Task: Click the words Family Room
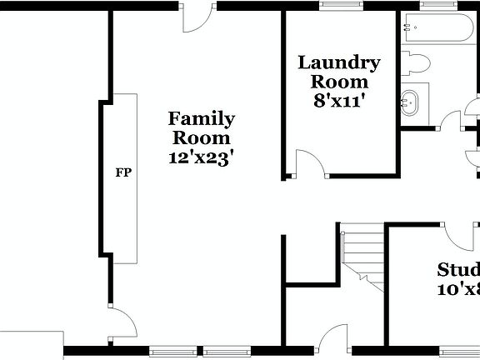click(201, 127)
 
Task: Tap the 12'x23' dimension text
click(201, 156)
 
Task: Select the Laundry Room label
click(339, 72)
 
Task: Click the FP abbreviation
click(122, 173)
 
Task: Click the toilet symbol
click(416, 62)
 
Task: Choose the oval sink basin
click(410, 104)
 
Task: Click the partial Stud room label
click(459, 270)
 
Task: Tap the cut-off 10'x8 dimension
click(459, 289)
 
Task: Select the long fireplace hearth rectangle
click(124, 178)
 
